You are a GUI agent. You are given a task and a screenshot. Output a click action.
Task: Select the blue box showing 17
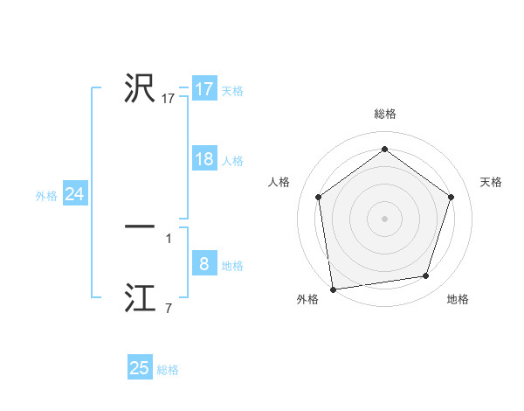point(203,89)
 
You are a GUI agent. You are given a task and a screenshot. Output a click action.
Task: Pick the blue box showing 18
point(203,159)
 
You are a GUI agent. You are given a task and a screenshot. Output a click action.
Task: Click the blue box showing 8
point(203,264)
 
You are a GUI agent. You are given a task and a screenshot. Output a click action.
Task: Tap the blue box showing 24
point(74,194)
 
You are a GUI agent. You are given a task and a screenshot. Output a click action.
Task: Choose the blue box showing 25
point(140,368)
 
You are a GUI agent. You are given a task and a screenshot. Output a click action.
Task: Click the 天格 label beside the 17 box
point(232,91)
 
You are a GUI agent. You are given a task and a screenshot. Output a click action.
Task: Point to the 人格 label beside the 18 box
point(232,161)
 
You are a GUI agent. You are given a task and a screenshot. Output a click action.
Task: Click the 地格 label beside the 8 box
point(232,266)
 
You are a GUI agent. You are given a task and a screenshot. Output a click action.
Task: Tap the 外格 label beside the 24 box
point(46,196)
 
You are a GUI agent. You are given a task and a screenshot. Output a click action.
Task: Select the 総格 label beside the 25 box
point(169,370)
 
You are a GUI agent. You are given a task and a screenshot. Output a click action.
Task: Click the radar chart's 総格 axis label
point(384,114)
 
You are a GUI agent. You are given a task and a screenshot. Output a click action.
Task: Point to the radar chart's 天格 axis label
point(491,182)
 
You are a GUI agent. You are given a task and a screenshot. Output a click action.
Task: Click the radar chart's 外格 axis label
point(307,299)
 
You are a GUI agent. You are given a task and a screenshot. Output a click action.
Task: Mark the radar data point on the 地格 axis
point(426,276)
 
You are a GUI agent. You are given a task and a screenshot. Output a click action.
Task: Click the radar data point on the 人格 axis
point(318,197)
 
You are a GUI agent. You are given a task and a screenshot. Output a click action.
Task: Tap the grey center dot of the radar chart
point(384,218)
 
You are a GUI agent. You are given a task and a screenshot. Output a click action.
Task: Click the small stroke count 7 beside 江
point(168,308)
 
